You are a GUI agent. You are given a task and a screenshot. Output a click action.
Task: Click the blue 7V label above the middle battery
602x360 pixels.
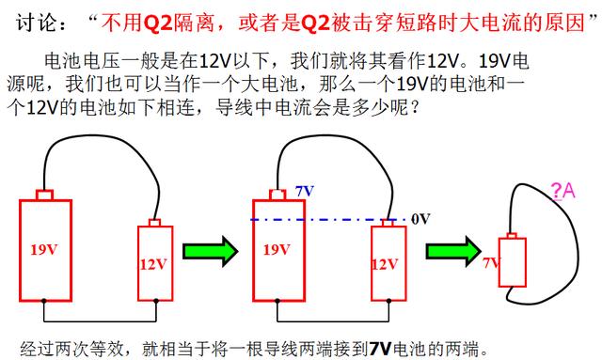pyautogui.click(x=304, y=191)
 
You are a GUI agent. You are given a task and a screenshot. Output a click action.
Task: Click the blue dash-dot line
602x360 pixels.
pyautogui.click(x=329, y=219)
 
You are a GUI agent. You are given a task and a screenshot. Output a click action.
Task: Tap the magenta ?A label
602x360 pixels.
pyautogui.click(x=563, y=192)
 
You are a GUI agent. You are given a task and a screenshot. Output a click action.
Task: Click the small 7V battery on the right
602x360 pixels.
pyautogui.click(x=511, y=262)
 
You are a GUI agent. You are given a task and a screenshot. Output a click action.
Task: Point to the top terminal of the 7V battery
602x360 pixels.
pyautogui.click(x=511, y=235)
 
